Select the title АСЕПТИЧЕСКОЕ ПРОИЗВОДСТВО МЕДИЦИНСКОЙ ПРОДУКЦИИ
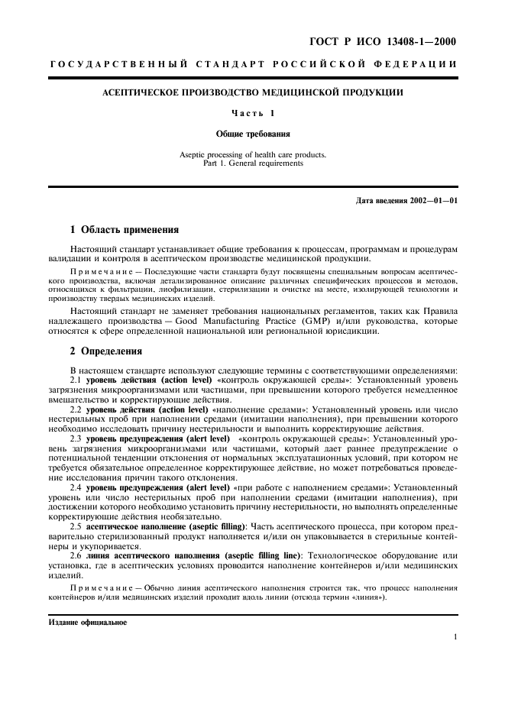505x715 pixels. coord(253,93)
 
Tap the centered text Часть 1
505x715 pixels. coord(252,114)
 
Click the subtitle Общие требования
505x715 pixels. coord(252,134)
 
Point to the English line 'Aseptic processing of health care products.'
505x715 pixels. coord(252,154)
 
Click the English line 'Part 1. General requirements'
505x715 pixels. coord(252,163)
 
